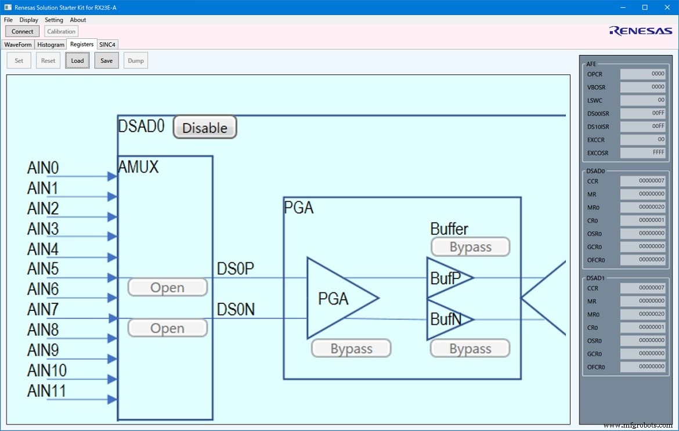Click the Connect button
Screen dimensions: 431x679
(x=23, y=31)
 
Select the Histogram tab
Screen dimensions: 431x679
(x=50, y=45)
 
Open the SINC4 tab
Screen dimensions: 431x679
(x=107, y=45)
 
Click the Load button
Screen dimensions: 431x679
(x=77, y=60)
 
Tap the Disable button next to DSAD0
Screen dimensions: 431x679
(x=205, y=128)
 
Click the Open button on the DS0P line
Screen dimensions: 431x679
(x=167, y=287)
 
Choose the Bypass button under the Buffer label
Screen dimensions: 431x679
(x=470, y=247)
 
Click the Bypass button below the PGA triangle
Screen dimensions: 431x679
(x=351, y=349)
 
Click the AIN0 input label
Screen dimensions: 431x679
(x=43, y=168)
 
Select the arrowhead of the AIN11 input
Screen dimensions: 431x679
(x=112, y=399)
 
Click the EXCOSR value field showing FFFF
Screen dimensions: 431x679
(x=643, y=153)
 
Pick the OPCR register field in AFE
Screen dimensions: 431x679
(x=643, y=74)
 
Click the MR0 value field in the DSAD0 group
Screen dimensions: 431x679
(x=643, y=207)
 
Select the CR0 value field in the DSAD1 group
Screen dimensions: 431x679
(x=643, y=327)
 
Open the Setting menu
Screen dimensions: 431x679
(x=54, y=20)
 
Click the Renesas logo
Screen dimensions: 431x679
(x=640, y=31)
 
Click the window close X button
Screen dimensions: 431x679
(x=665, y=7)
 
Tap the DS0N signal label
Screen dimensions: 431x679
(x=236, y=310)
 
